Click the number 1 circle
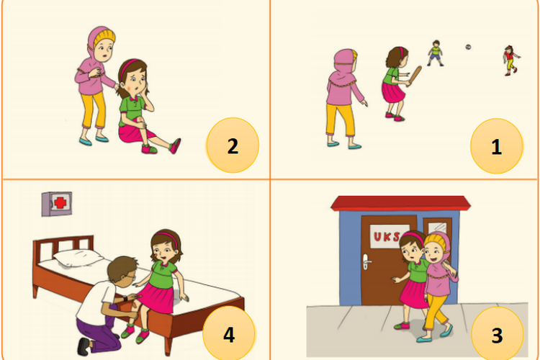496,145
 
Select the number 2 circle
233,145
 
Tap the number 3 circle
497,334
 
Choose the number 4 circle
229,333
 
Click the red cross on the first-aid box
60,203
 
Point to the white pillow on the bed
78,258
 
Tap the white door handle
366,262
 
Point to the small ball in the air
468,47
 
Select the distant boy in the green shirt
436,53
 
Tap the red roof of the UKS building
400,203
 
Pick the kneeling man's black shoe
84,346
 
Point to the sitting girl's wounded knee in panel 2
141,120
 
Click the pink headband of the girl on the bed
167,237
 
